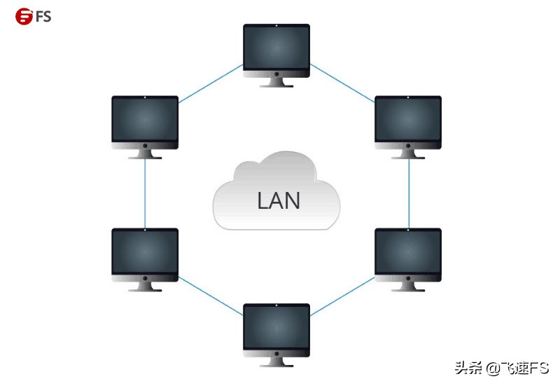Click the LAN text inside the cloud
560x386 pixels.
point(279,201)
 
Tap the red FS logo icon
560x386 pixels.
point(24,15)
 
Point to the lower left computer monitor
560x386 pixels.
point(145,254)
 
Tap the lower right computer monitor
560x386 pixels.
point(408,254)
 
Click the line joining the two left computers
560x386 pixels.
point(145,193)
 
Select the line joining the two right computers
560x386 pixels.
point(409,193)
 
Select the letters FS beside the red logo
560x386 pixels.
point(43,15)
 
